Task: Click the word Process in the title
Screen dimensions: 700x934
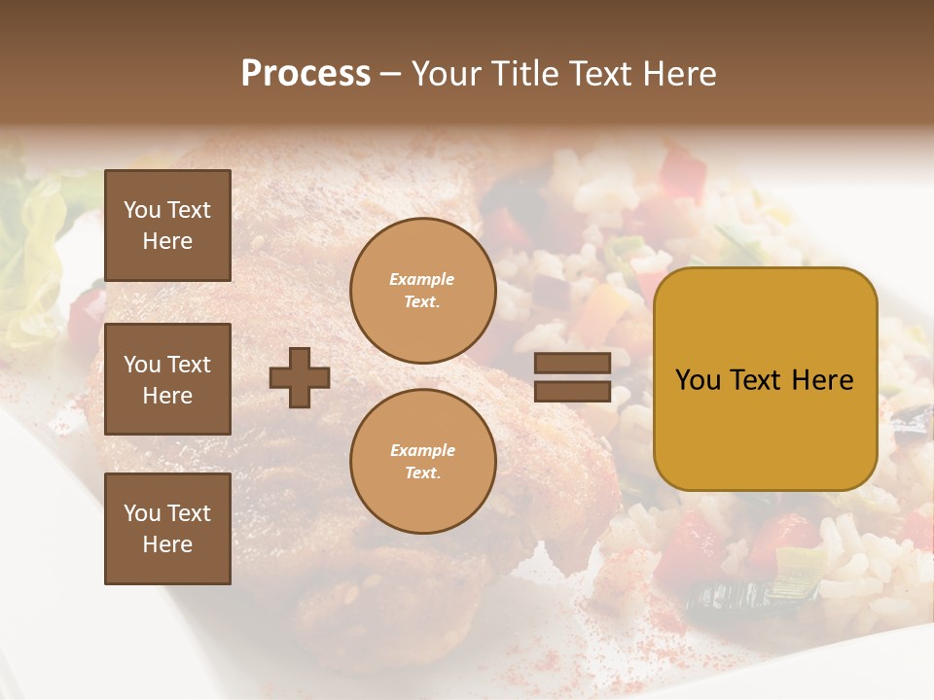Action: (x=305, y=74)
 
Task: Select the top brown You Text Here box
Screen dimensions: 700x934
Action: (x=167, y=226)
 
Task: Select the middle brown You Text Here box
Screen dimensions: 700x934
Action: (x=167, y=379)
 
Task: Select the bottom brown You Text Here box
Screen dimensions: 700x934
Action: (x=167, y=528)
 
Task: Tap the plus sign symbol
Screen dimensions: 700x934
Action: (x=300, y=377)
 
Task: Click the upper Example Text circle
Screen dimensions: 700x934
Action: (x=422, y=291)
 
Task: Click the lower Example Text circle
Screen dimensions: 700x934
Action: (x=422, y=461)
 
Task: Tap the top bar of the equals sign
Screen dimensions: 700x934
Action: (x=572, y=364)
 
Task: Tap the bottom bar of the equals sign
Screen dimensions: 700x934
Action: (x=572, y=391)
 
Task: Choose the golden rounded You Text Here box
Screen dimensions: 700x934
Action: (x=765, y=379)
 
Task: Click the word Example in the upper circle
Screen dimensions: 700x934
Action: (x=422, y=279)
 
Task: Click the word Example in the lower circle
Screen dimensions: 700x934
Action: (x=422, y=450)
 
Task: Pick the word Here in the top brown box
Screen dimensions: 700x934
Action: (x=167, y=241)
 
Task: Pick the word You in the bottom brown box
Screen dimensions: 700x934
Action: (x=142, y=513)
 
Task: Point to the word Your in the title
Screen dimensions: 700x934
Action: (x=447, y=74)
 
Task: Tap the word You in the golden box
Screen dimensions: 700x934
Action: (x=698, y=380)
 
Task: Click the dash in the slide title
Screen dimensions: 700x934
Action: (x=391, y=74)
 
